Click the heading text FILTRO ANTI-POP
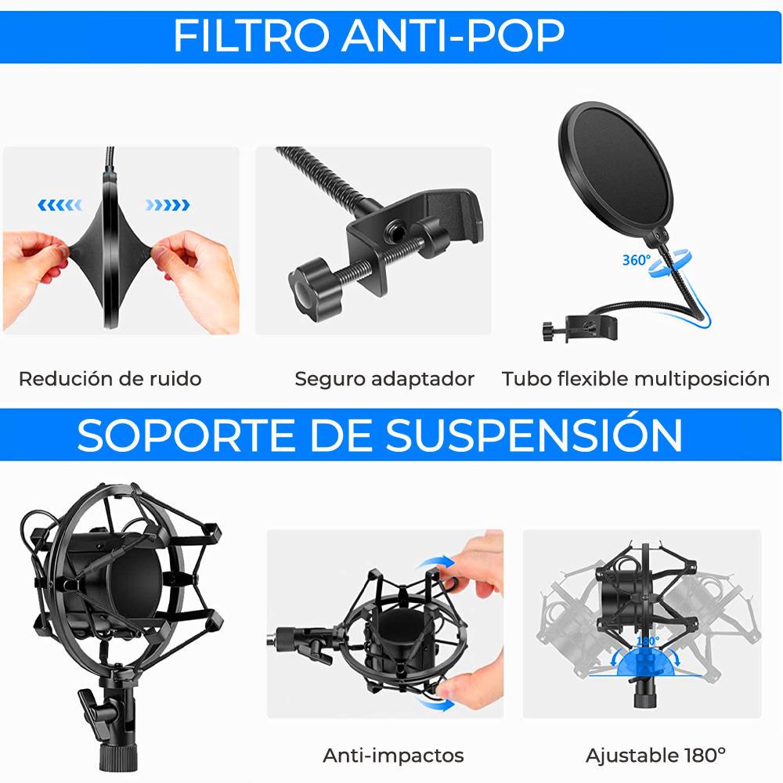coord(369,35)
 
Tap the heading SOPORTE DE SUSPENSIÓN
coord(380,435)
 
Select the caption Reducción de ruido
coord(110,379)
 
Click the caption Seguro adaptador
coord(384,379)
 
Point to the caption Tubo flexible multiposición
coord(636,379)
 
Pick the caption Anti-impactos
coord(393,756)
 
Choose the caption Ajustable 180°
coord(655,756)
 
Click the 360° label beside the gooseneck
coord(636,260)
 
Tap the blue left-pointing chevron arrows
coord(60,205)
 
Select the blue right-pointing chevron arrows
coord(167,205)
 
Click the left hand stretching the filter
coord(35,262)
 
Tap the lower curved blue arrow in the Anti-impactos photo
coord(438,702)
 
